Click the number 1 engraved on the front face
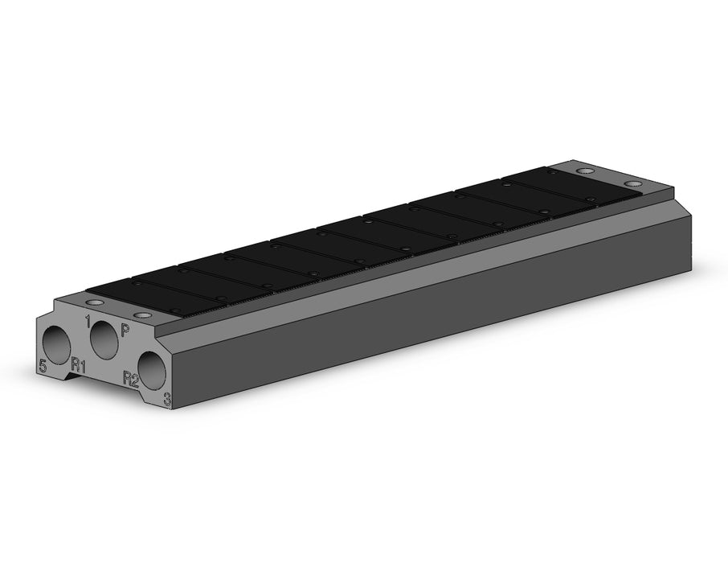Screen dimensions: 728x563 pyautogui.click(x=87, y=321)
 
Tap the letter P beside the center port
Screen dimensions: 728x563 pyautogui.click(x=125, y=330)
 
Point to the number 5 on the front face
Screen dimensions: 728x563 pyautogui.click(x=43, y=366)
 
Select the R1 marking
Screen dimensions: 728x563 pyautogui.click(x=79, y=365)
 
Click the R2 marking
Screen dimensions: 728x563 pyautogui.click(x=131, y=380)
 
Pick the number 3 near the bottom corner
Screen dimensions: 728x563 pyautogui.click(x=166, y=398)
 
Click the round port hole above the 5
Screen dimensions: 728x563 pyautogui.click(x=56, y=343)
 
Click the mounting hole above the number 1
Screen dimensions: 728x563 pyautogui.click(x=95, y=302)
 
